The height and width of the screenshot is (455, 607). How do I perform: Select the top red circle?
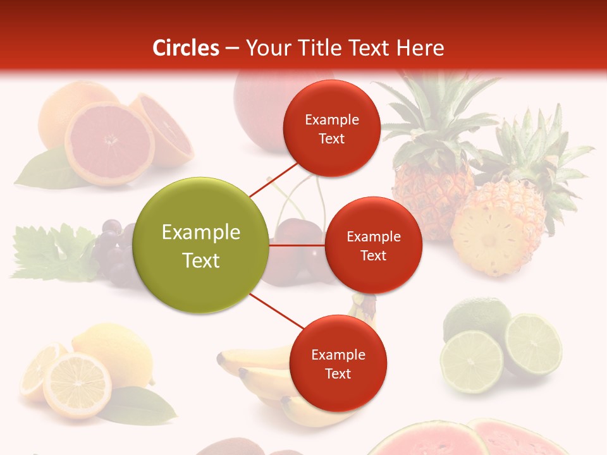click(331, 128)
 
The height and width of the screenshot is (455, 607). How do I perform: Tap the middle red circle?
click(373, 245)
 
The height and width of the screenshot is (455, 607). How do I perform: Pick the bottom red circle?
click(338, 363)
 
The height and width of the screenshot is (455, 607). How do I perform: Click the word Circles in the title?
click(186, 48)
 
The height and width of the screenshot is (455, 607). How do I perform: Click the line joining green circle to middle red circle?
click(297, 245)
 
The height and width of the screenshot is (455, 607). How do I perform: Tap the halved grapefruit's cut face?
click(109, 143)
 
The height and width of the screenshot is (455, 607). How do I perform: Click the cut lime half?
click(533, 344)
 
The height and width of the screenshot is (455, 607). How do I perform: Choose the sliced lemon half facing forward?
click(77, 385)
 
